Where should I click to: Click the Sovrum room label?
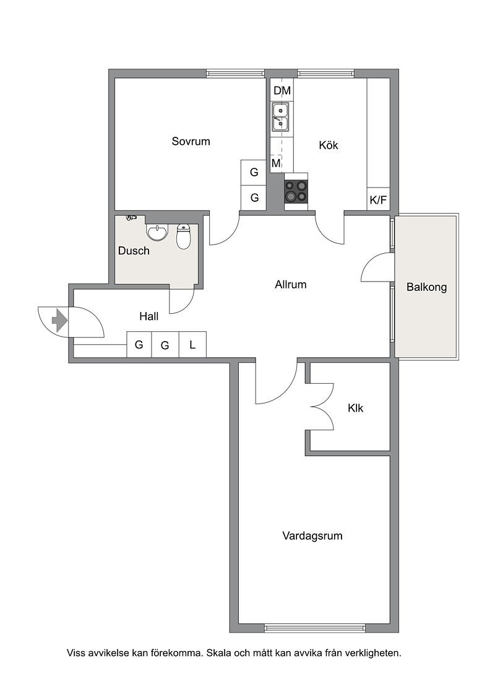point(191,142)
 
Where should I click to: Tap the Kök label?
point(329,145)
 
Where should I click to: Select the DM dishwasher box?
point(282,90)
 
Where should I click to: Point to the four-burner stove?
point(296,191)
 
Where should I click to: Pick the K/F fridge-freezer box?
point(378,201)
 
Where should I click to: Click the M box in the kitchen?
point(277,163)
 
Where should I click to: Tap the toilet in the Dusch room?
point(184,236)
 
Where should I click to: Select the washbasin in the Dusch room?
point(157,231)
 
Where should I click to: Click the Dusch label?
point(134,251)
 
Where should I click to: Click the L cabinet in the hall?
point(192,344)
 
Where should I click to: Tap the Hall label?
point(148,316)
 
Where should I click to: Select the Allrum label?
point(291,285)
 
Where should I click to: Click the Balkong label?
point(427,287)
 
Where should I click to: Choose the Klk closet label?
point(356,408)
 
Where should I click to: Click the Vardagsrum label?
point(312,536)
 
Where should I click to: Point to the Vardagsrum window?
point(315,628)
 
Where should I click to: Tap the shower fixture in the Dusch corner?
point(131,218)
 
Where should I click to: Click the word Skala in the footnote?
point(222,654)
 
